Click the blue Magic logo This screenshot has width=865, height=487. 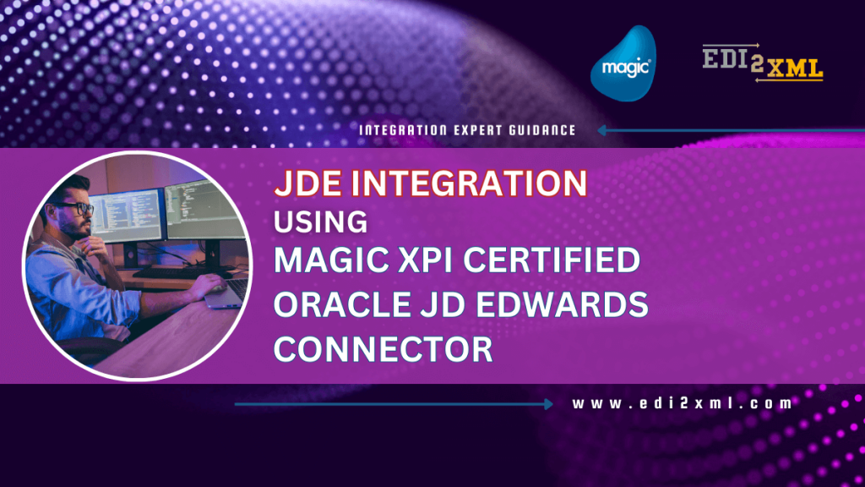(x=623, y=63)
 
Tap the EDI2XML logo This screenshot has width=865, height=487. (x=763, y=63)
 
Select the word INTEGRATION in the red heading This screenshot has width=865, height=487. (x=469, y=183)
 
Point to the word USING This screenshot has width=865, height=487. (x=320, y=222)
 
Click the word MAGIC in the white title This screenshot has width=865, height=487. (x=331, y=260)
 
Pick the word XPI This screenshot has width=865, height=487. (x=426, y=260)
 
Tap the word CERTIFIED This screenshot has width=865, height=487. (x=552, y=260)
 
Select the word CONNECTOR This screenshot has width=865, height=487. (x=384, y=349)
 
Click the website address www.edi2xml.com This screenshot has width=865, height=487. (x=682, y=403)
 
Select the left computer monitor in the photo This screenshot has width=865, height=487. (x=126, y=216)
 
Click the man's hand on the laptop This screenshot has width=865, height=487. (x=208, y=285)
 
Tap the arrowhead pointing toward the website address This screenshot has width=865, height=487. (x=548, y=404)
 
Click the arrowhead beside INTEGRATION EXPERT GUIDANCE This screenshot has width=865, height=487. (x=602, y=130)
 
